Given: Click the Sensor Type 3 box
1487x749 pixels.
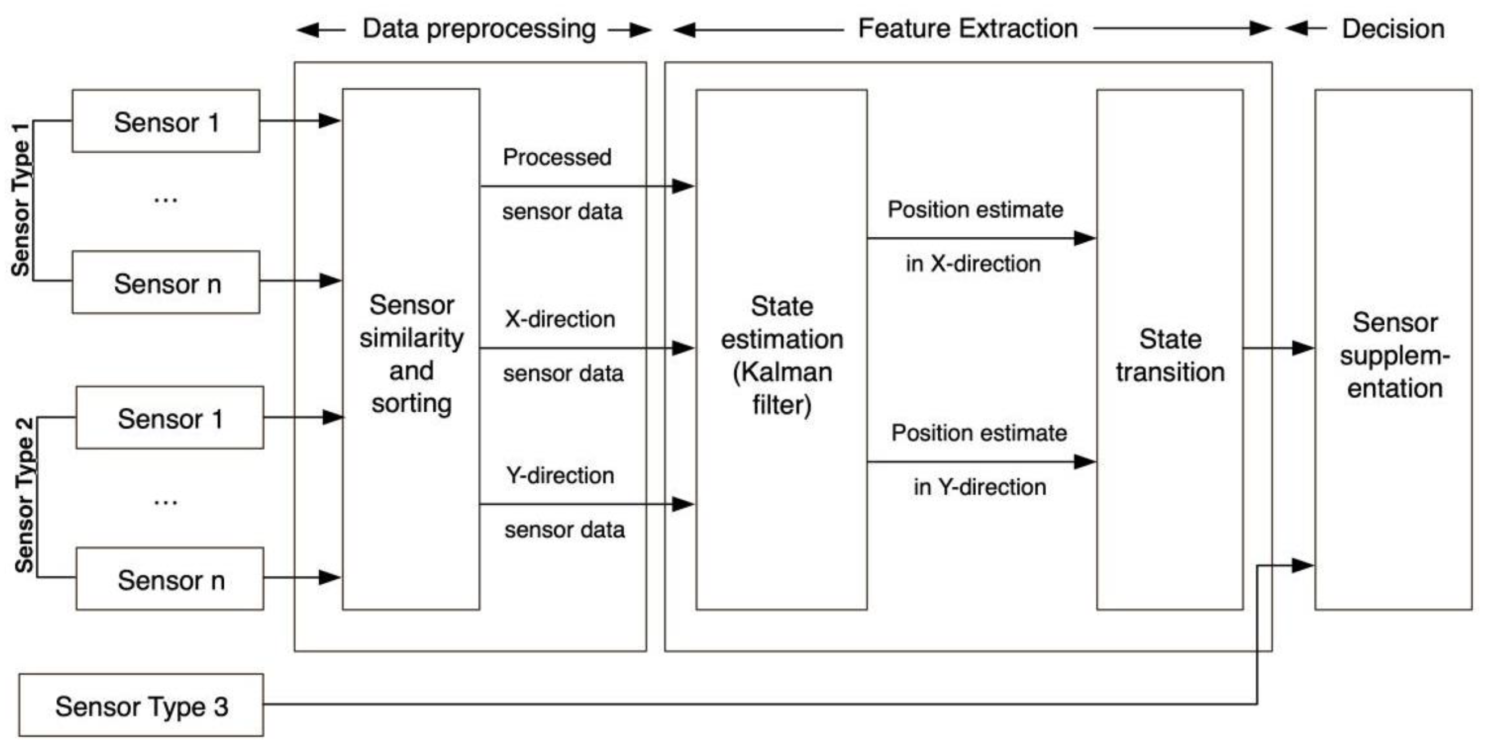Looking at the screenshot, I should [141, 705].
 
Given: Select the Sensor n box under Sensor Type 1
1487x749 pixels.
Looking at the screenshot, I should [166, 283].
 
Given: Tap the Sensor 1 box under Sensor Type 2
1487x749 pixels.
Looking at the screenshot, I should [170, 418].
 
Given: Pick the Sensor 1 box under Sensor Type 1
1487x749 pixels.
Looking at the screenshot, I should [166, 121].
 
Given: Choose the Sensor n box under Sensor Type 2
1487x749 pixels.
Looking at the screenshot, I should [170, 579].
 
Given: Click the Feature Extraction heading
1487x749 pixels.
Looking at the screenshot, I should [967, 28].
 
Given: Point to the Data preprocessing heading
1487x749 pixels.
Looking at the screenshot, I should [479, 29].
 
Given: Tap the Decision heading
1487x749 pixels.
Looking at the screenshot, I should [1392, 29].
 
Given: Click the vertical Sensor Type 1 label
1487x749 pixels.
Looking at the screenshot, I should [21, 199].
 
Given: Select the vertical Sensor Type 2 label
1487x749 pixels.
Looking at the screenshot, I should [24, 495].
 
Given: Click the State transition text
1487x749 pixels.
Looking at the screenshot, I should [1169, 355].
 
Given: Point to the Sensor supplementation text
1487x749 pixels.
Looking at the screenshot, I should [1394, 355].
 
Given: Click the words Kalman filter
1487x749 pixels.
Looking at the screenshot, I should [782, 388].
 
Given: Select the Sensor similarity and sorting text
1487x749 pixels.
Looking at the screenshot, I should [411, 353].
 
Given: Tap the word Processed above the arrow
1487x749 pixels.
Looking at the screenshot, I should [557, 157].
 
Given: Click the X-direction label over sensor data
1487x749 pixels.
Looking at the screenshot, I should [559, 319].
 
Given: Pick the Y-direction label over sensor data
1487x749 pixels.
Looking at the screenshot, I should [559, 475].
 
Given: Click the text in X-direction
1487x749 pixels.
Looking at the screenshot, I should [972, 263].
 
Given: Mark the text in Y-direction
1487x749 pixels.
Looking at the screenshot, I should [979, 487].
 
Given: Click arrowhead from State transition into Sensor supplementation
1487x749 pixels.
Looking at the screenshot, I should [1303, 348].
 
